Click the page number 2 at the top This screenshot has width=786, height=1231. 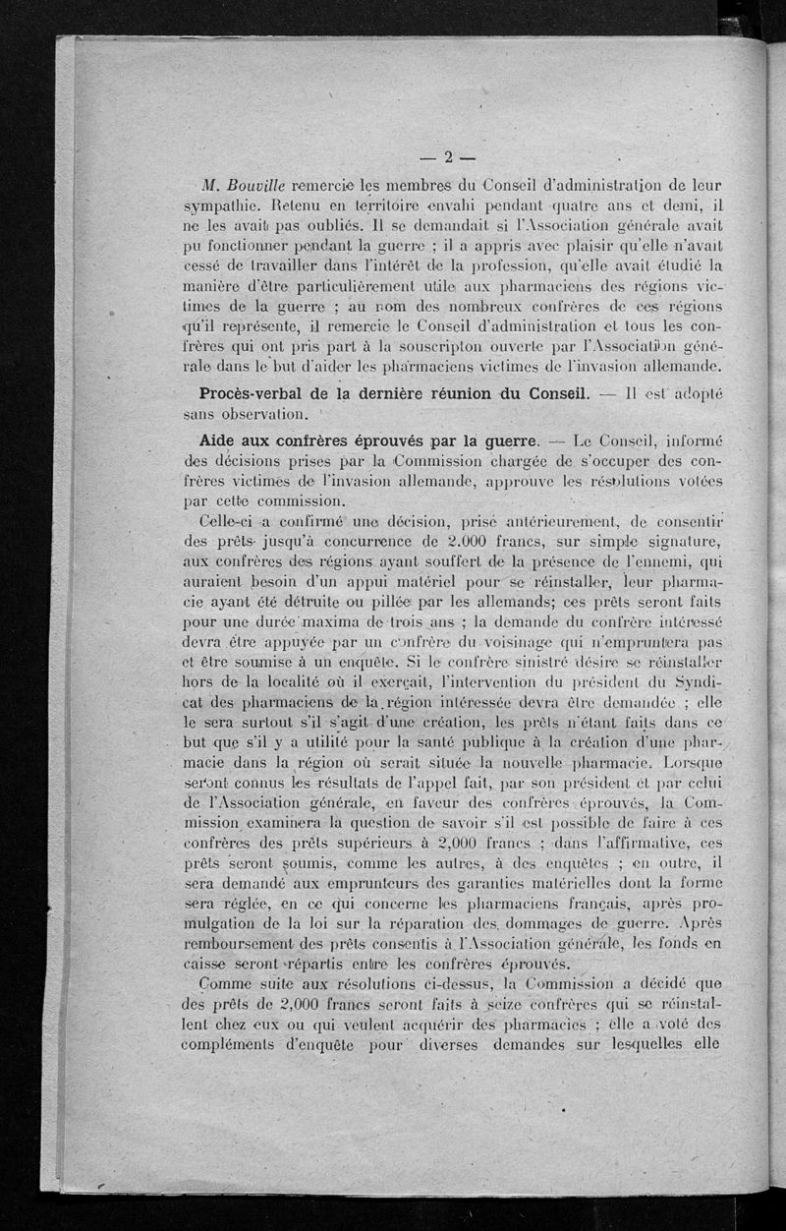tap(446, 157)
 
